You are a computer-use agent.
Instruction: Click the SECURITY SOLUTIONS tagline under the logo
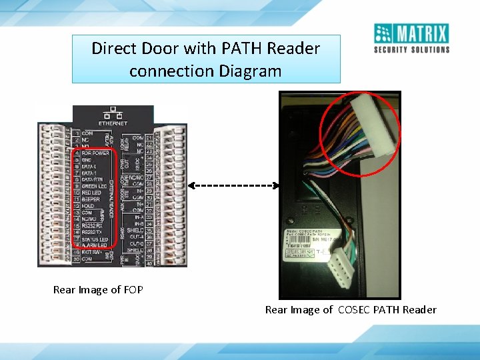[x=411, y=49]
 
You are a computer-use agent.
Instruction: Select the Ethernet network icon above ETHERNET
[x=112, y=112]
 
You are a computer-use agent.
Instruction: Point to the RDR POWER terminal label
[x=95, y=153]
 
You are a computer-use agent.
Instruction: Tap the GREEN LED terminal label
[x=94, y=186]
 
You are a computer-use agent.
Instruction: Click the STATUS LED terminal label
[x=95, y=239]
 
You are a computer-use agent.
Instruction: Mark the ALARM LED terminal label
[x=95, y=245]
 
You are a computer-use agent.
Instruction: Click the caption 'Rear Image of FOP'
[x=98, y=290]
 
